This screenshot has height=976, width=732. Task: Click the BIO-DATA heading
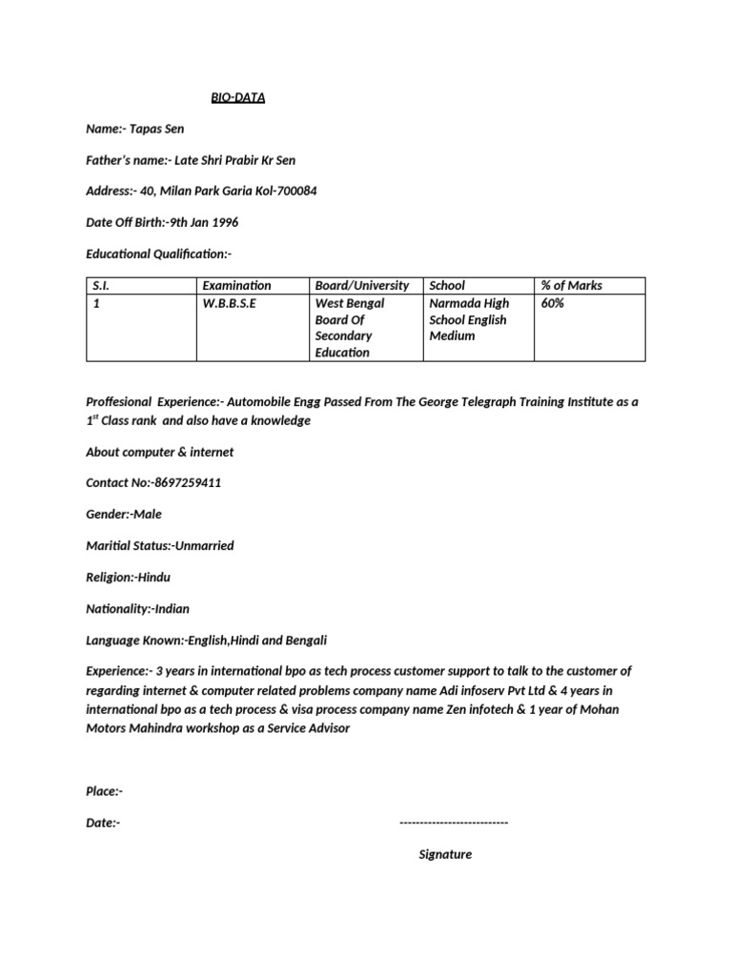click(237, 97)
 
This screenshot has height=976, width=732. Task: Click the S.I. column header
click(101, 285)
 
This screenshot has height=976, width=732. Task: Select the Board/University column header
click(362, 285)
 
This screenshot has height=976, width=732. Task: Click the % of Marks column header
click(571, 285)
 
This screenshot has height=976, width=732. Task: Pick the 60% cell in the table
click(553, 303)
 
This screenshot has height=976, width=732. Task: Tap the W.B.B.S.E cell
click(229, 303)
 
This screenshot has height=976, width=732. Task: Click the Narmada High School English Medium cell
click(469, 319)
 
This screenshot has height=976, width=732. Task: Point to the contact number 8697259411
click(187, 482)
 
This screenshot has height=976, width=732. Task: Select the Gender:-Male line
click(124, 514)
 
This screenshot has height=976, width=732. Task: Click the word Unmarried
click(204, 546)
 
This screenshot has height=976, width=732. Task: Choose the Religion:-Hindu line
click(129, 578)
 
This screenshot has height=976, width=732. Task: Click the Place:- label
click(104, 791)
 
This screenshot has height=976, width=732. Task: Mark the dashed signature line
click(454, 823)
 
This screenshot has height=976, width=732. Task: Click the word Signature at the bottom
click(445, 854)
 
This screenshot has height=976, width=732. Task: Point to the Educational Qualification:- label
click(159, 254)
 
